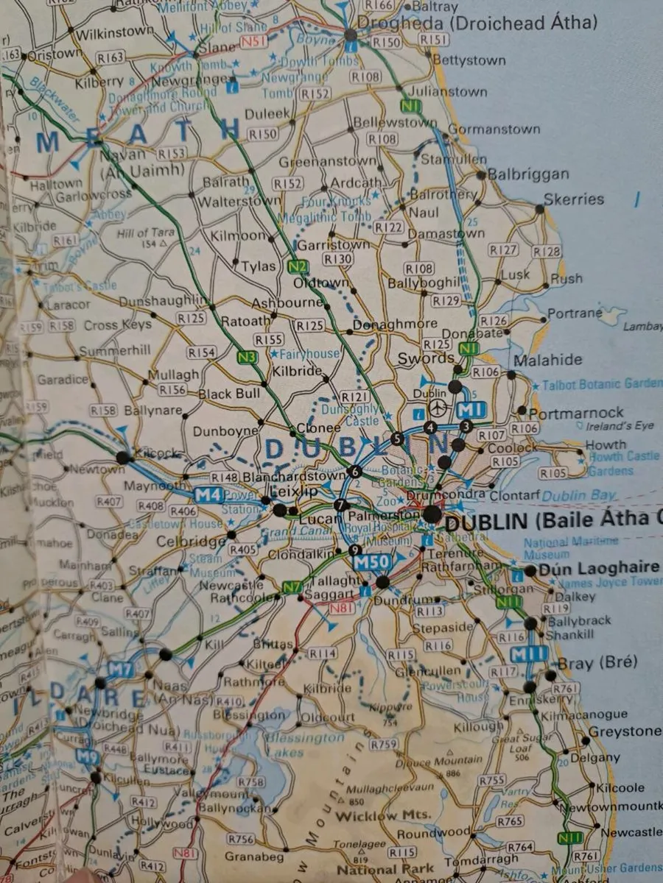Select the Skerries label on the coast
pos(573,199)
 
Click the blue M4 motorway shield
pos(208,495)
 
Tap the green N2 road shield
pos(298,266)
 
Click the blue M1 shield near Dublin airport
pos(469,411)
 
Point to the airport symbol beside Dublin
pos(439,407)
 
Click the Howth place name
pos(606,444)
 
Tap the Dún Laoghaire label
pos(598,568)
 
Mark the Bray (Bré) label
pos(597,663)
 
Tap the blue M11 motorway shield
pos(530,654)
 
